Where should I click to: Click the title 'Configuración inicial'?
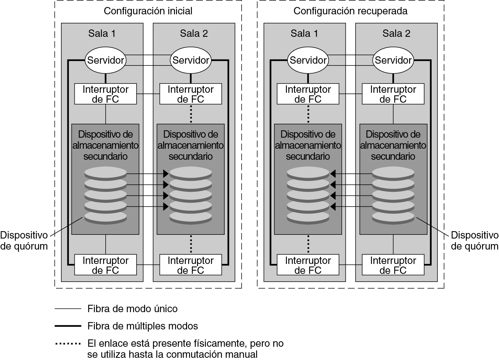(148, 11)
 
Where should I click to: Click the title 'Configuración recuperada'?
(350, 11)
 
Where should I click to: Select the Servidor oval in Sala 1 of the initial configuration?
(106, 60)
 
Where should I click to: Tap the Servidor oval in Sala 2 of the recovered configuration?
(393, 60)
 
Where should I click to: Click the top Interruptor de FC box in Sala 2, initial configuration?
(190, 94)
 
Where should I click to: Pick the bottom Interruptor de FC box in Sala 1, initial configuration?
(106, 265)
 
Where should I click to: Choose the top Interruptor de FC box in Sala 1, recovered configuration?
(308, 94)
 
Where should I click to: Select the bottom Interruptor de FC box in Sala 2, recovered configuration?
(393, 265)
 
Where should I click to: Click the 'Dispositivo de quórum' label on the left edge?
(24, 241)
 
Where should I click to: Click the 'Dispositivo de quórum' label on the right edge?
(474, 241)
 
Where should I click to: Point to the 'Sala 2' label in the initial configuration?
(194, 33)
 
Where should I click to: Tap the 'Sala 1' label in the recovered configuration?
(304, 33)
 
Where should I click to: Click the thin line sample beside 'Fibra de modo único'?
(68, 308)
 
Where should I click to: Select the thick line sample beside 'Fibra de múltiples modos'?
(68, 326)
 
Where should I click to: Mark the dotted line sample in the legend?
(68, 344)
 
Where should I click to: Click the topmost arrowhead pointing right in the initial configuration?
(166, 173)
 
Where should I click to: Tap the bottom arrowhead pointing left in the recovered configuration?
(333, 207)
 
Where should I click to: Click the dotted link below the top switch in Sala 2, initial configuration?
(191, 114)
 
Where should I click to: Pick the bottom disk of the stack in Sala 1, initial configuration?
(105, 217)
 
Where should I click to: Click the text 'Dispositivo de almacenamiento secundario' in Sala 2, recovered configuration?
(393, 145)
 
